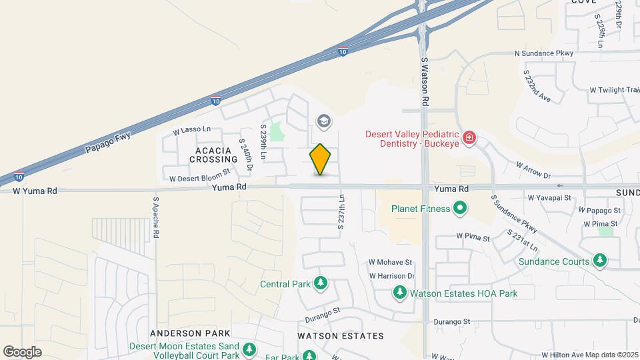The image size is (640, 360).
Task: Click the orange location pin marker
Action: click(x=321, y=159)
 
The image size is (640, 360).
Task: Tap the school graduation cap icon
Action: click(x=324, y=121)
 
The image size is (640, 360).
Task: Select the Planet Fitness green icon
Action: click(x=460, y=209)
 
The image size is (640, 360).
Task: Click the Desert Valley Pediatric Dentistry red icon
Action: click(x=470, y=138)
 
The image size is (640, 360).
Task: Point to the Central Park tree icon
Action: click(x=321, y=283)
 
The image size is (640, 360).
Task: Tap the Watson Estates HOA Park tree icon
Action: click(x=400, y=293)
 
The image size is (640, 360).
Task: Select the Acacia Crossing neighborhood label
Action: click(x=213, y=155)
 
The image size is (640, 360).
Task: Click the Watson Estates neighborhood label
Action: click(x=341, y=335)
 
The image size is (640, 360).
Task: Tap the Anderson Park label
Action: click(x=190, y=333)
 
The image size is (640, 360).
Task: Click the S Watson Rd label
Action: click(x=424, y=81)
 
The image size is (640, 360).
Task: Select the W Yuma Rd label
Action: click(x=35, y=191)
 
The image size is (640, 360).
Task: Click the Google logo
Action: click(x=23, y=351)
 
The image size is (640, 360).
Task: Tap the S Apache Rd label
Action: click(x=156, y=217)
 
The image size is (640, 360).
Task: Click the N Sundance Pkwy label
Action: click(x=543, y=53)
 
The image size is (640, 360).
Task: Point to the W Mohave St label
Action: click(x=391, y=262)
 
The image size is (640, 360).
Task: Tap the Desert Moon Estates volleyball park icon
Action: click(x=249, y=349)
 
